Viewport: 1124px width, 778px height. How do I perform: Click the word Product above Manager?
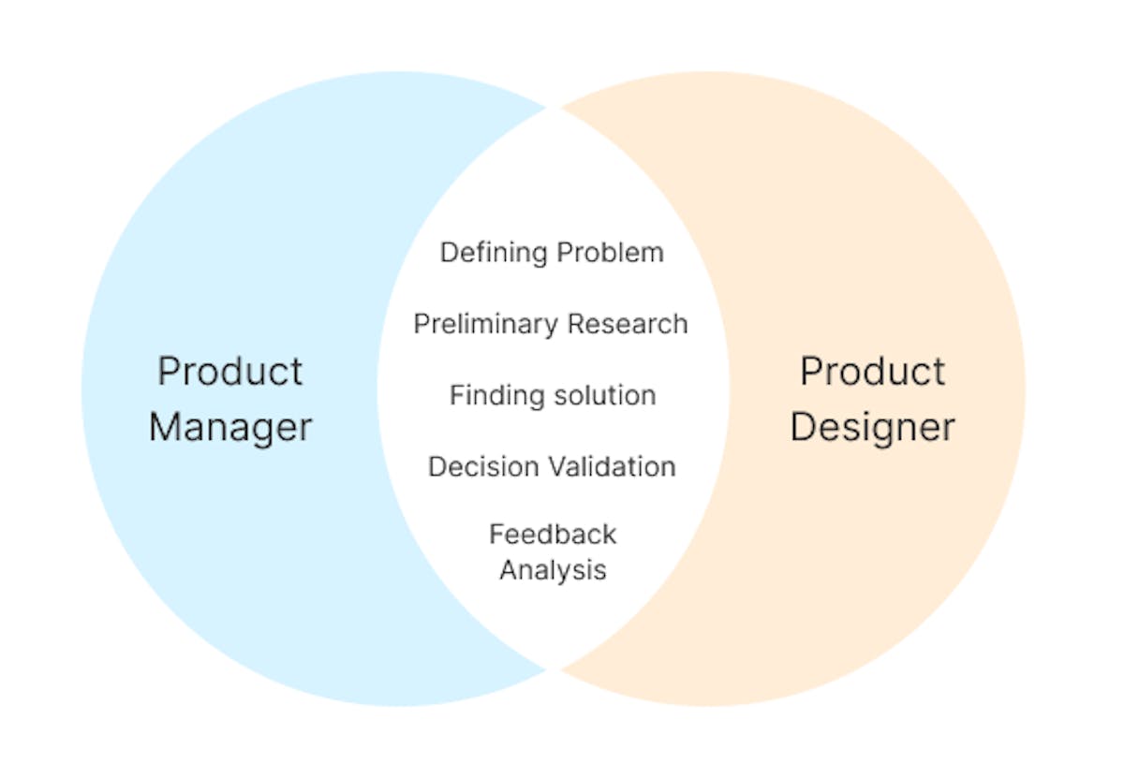(x=229, y=371)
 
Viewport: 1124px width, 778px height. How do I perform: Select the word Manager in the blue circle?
(x=230, y=429)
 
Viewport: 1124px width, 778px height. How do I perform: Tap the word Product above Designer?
(x=873, y=371)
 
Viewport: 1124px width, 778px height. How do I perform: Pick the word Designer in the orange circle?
(x=873, y=429)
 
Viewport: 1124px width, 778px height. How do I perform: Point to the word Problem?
(x=611, y=252)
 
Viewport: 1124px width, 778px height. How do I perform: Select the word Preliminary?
(x=486, y=325)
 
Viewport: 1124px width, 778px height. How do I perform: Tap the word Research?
(x=628, y=324)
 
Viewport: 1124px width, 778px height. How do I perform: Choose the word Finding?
(x=497, y=396)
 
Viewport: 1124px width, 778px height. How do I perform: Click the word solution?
(x=605, y=396)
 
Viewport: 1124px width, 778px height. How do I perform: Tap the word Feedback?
(x=553, y=535)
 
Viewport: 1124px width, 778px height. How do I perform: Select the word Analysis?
(x=553, y=571)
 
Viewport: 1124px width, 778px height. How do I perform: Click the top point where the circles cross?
(x=554, y=108)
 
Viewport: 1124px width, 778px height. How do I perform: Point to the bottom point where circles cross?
(x=554, y=669)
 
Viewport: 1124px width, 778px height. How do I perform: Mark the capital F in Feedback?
(x=496, y=535)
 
